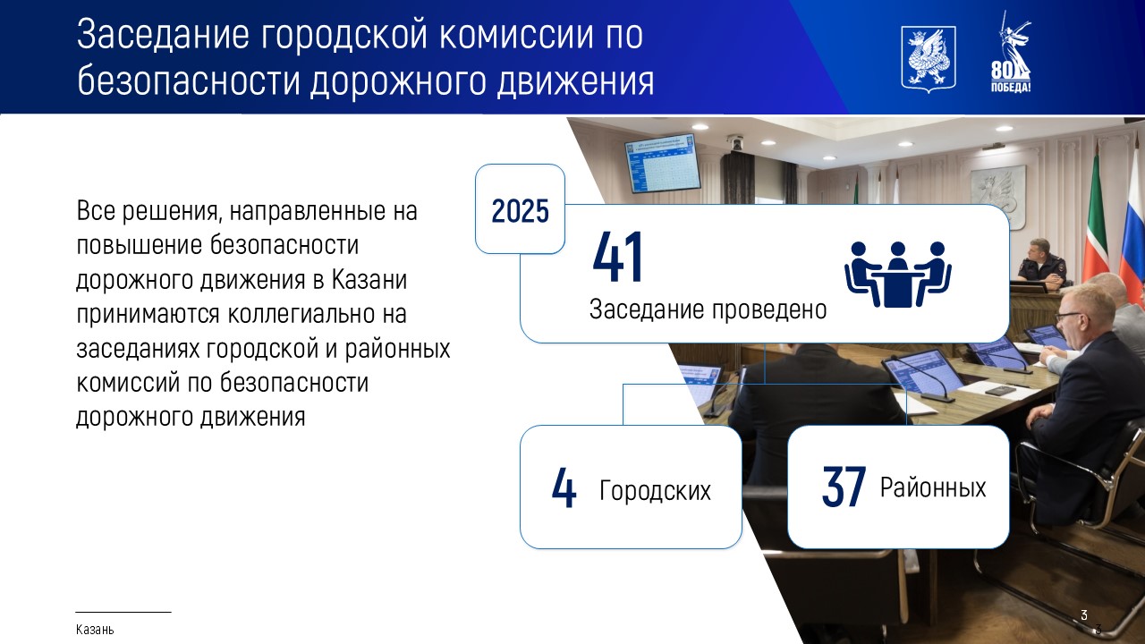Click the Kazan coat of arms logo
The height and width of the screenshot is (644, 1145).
pyautogui.click(x=929, y=60)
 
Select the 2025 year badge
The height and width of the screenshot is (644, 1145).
pyautogui.click(x=520, y=209)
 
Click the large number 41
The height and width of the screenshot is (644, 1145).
pyautogui.click(x=617, y=257)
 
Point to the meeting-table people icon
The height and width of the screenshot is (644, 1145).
pyautogui.click(x=897, y=274)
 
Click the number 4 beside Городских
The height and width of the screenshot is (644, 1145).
pyautogui.click(x=564, y=487)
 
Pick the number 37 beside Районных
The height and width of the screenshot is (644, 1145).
pyautogui.click(x=844, y=487)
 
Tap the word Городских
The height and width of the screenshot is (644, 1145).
pyautogui.click(x=655, y=490)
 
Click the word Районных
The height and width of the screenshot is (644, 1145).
pyautogui.click(x=933, y=487)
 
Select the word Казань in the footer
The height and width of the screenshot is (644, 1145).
pyautogui.click(x=95, y=630)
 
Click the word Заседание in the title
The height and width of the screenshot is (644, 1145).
pyautogui.click(x=164, y=35)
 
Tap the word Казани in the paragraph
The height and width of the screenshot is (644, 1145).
pyautogui.click(x=369, y=280)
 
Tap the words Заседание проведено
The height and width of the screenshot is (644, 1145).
pyautogui.click(x=708, y=309)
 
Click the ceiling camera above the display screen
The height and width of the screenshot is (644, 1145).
pyautogui.click(x=736, y=142)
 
